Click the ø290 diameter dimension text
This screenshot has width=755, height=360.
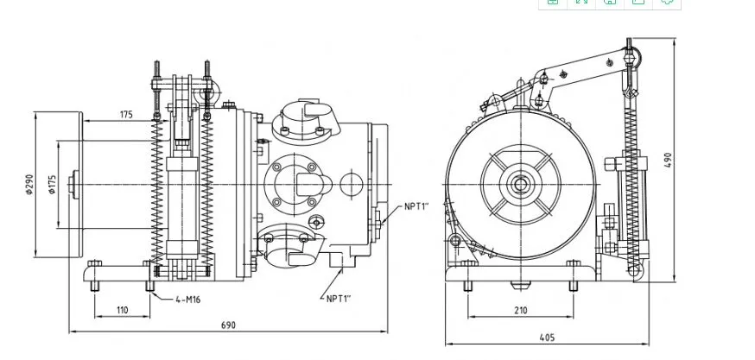click(29, 185)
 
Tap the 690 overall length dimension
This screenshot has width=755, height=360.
click(228, 325)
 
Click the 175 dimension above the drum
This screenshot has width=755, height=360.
click(125, 114)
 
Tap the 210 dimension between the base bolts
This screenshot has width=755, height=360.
click(520, 310)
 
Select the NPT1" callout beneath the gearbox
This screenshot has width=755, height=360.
click(338, 299)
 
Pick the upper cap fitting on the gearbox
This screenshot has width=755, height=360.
click(298, 116)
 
